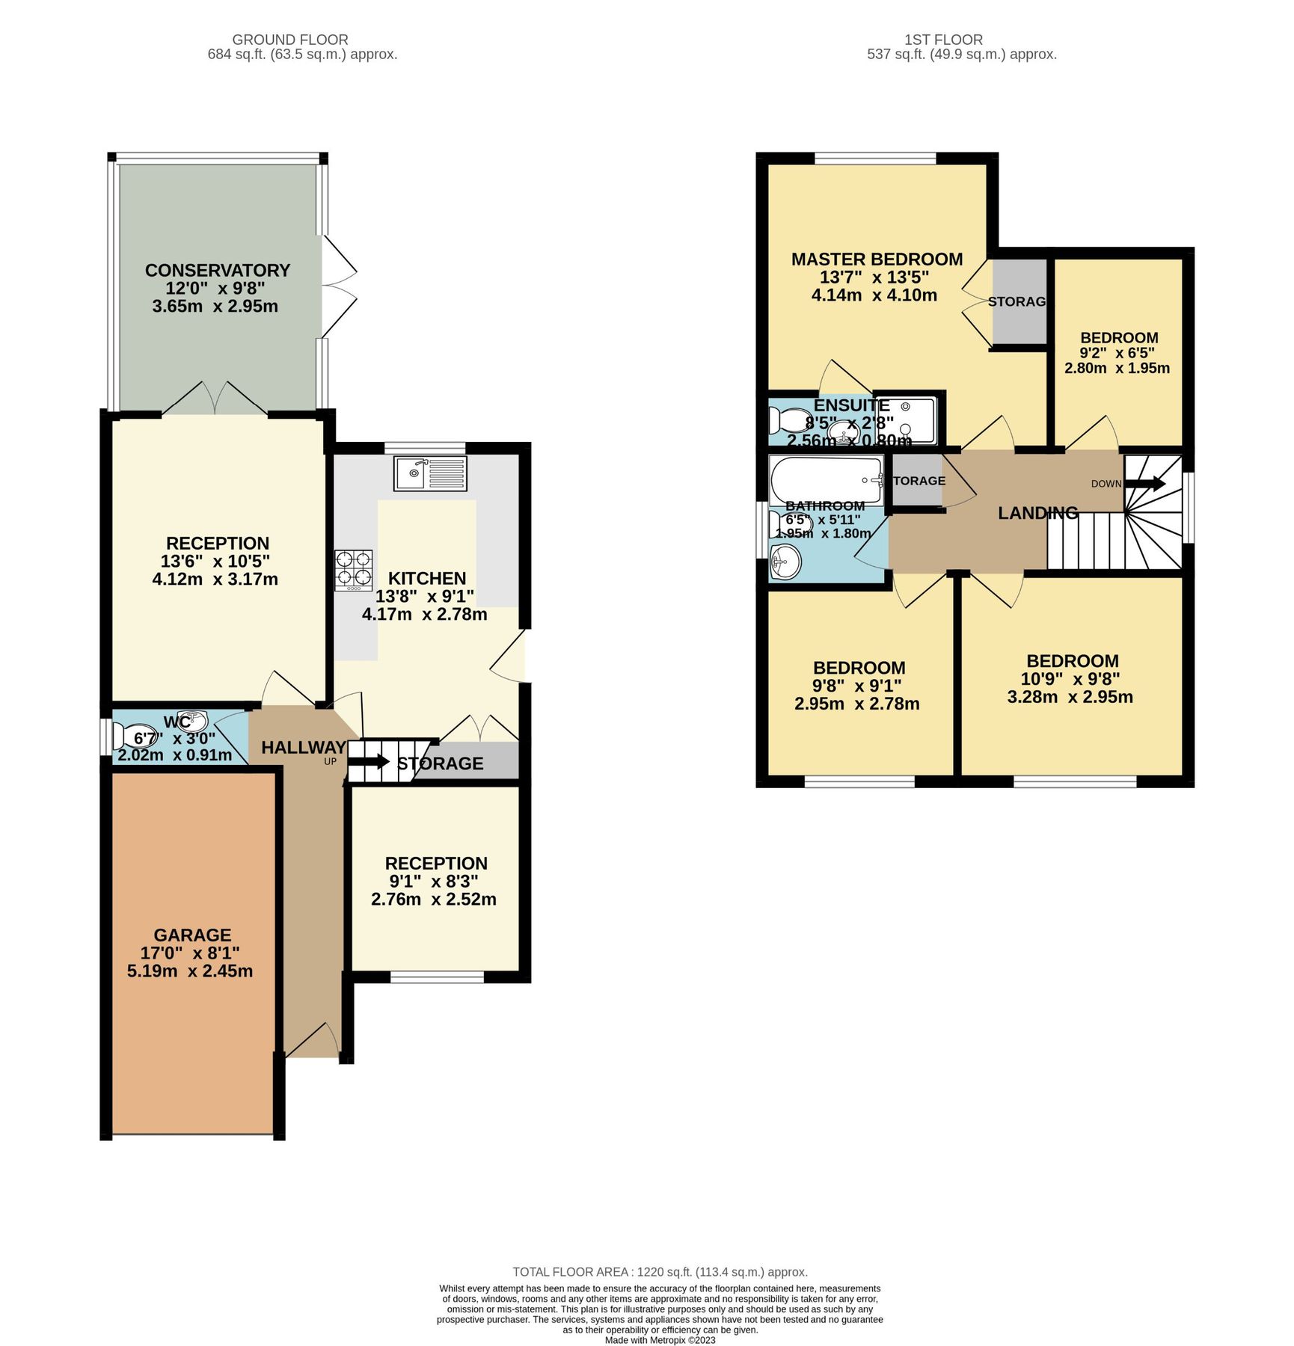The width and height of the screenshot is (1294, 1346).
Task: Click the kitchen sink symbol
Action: pos(430,473)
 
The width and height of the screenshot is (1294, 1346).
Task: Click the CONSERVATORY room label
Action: pos(217,270)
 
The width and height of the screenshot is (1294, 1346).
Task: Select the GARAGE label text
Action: pos(192,935)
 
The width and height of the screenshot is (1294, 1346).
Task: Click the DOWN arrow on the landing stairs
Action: pos(1145,484)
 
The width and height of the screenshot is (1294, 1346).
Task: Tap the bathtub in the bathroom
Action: pos(826,479)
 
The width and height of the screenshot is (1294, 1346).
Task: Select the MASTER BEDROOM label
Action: pos(877,259)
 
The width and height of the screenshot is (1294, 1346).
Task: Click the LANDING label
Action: pos(1037,513)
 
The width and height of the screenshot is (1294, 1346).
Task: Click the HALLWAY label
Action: pos(303,747)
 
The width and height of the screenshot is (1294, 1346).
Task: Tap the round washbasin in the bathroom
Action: pos(785,560)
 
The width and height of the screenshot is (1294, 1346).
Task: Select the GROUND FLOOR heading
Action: pos(289,40)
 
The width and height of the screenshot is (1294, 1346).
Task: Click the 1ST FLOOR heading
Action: pos(942,40)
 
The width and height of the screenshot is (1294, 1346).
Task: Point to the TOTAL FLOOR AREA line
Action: pos(660,1272)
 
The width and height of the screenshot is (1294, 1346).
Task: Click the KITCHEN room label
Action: pos(426,578)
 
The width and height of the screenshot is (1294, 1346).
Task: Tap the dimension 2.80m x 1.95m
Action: pos(1117,368)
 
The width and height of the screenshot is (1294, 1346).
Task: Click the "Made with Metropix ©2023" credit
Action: pos(660,1340)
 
